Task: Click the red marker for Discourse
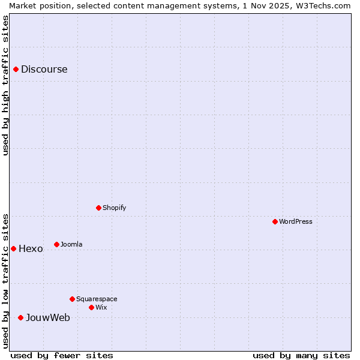pos(16,69)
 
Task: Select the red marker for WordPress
pos(275,221)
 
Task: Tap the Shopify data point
pos(98,208)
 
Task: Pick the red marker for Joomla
pos(56,244)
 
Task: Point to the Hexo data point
pos(13,248)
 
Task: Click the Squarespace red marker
pos(72,299)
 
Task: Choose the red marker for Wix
pos(91,307)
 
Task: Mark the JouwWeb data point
pos(20,317)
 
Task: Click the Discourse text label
pos(44,69)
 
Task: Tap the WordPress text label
pos(296,221)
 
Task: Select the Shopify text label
pos(114,208)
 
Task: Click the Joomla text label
pos(71,244)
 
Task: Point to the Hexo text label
pos(31,248)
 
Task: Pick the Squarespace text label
pos(97,299)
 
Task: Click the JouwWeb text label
pos(47,317)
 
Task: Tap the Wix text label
pos(101,307)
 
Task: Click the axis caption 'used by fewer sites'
pos(62,355)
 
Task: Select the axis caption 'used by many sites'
pos(301,355)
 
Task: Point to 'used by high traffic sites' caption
pos(5,85)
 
